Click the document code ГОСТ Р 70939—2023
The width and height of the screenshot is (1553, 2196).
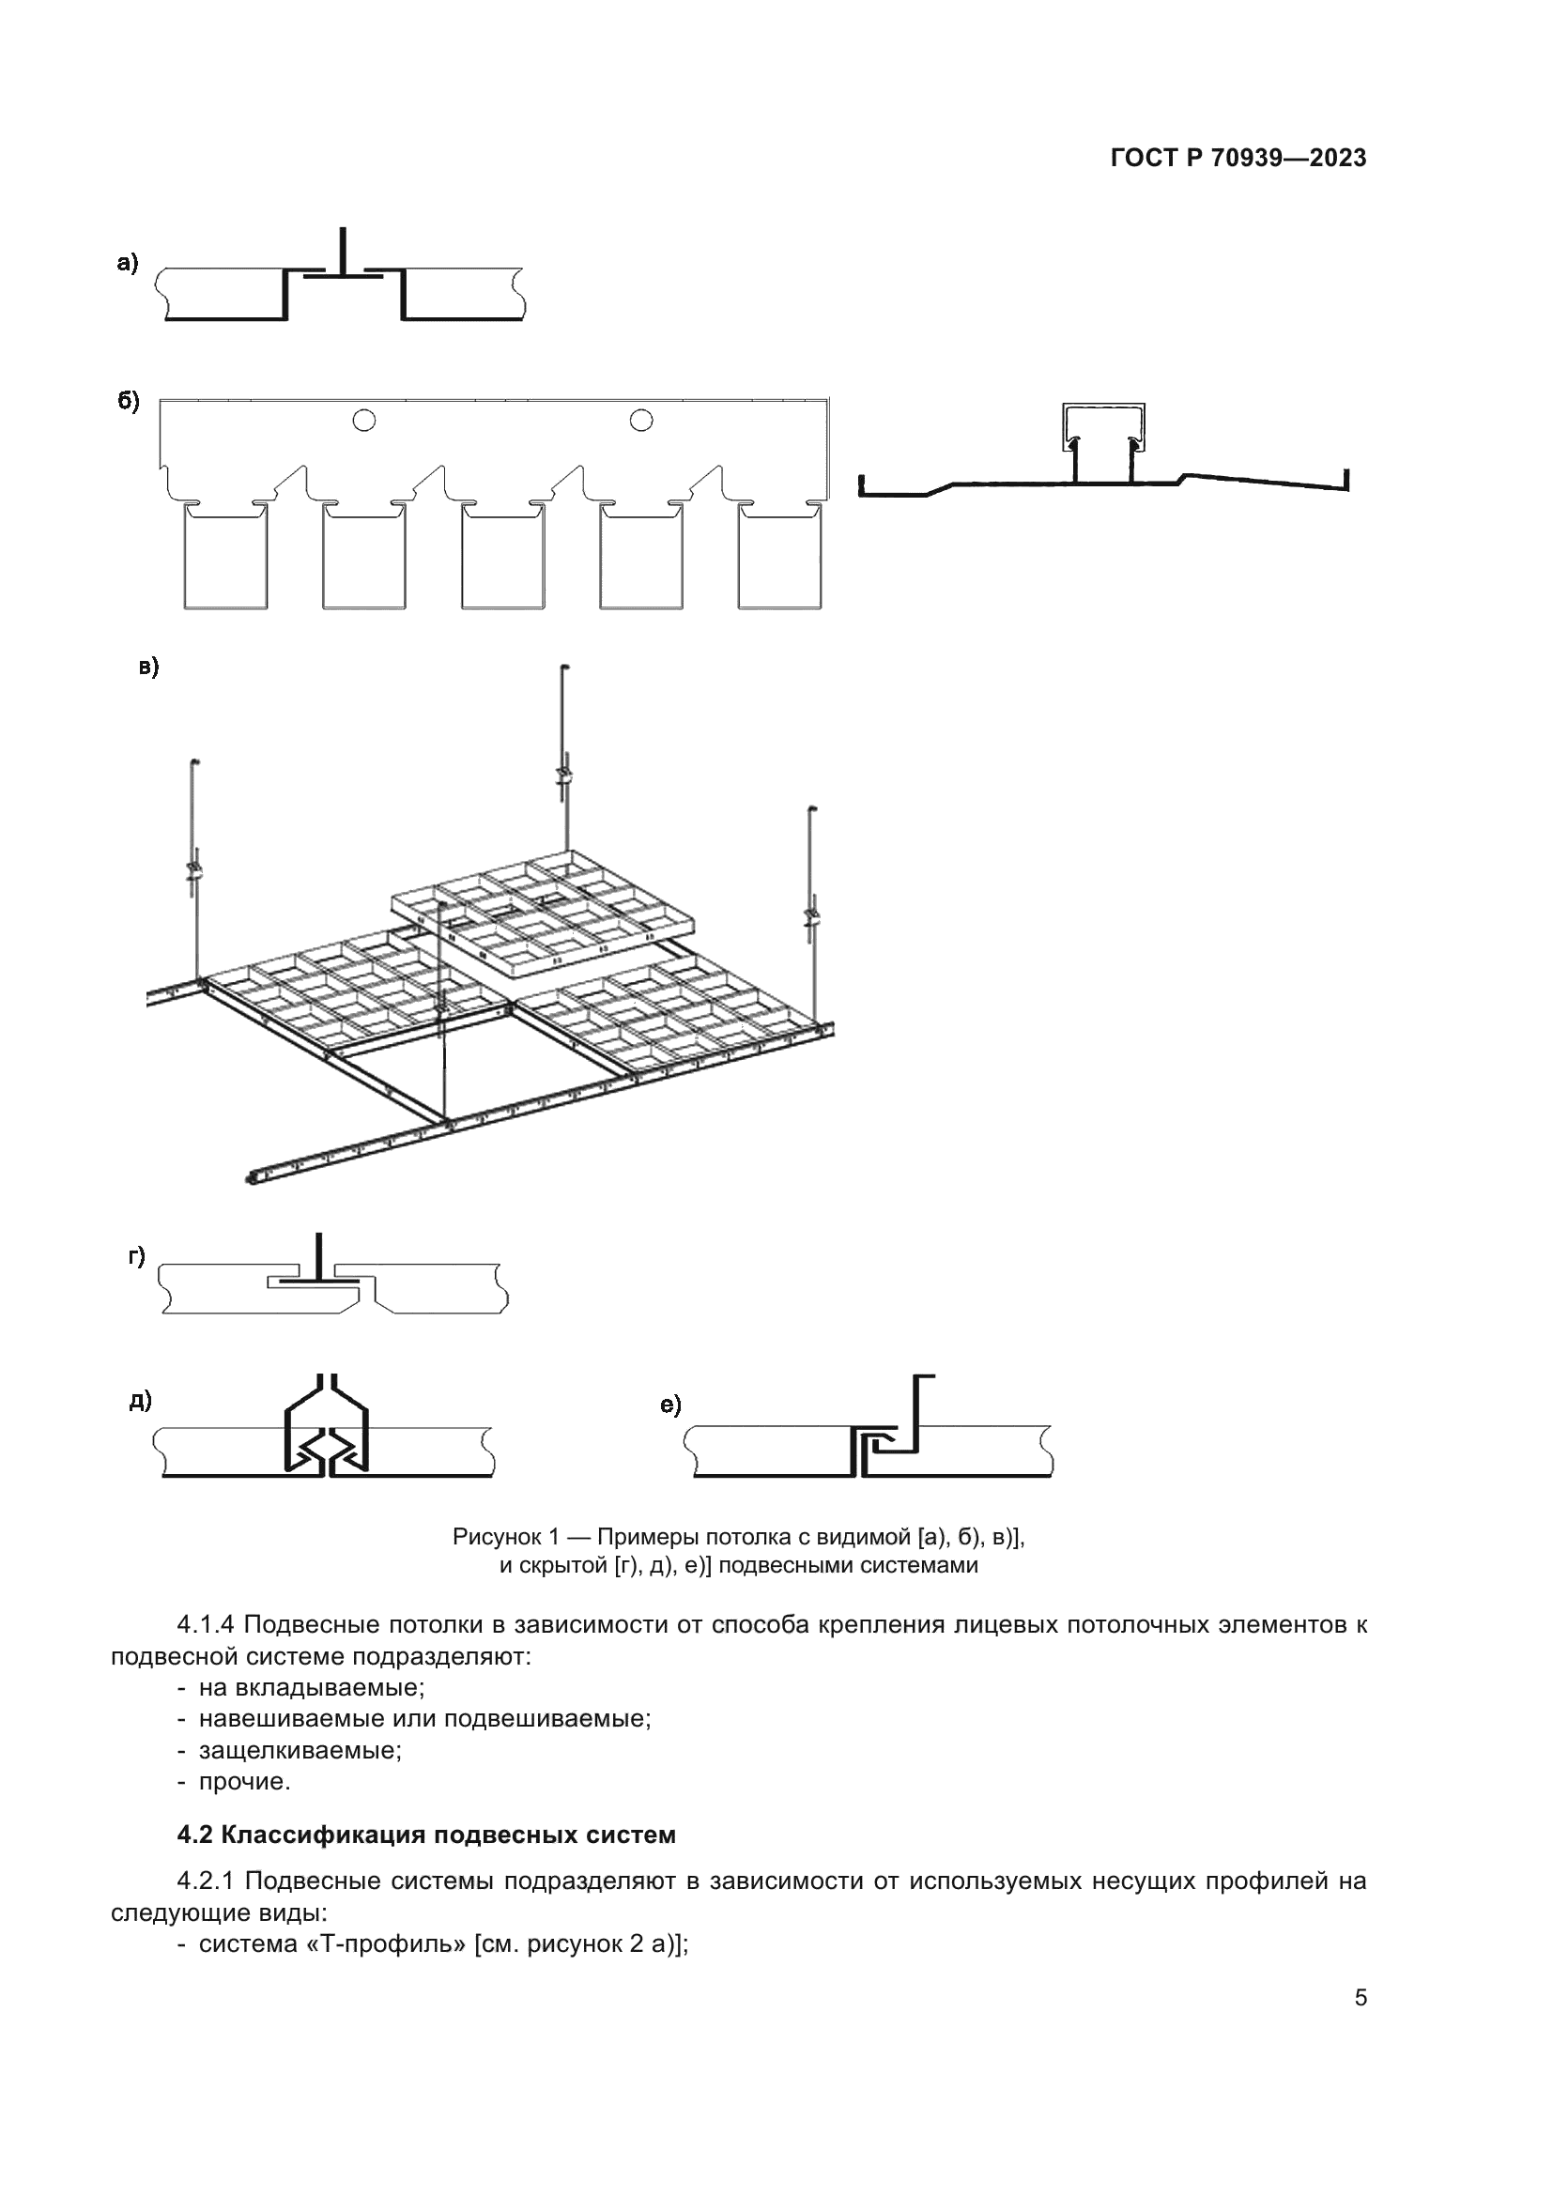tap(1238, 159)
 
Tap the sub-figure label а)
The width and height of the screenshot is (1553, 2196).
tap(128, 262)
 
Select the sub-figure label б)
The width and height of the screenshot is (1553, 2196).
tap(128, 401)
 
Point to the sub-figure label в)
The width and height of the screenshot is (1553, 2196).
tap(149, 667)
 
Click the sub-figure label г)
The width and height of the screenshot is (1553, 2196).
tap(138, 1257)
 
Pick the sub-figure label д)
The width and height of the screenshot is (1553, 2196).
tap(141, 1402)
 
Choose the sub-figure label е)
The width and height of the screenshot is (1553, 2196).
tap(670, 1405)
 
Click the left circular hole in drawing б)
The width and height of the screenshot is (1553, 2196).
tap(363, 420)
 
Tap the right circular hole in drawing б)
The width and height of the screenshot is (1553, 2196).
tap(640, 420)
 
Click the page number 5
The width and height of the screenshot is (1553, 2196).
tap(1360, 1997)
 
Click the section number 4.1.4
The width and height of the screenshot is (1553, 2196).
tap(206, 1625)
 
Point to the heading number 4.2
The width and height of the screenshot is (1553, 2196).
tap(195, 1835)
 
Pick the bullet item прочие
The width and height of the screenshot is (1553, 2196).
tap(244, 1782)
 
